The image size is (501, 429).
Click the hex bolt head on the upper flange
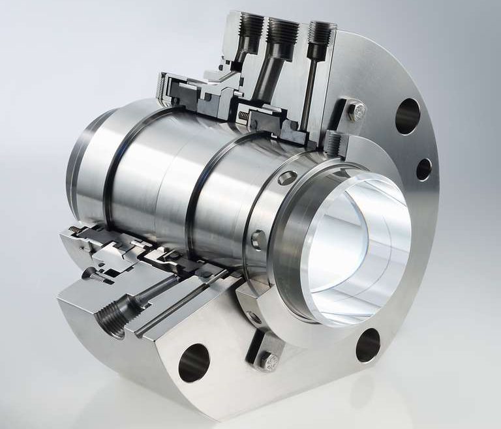click(355, 111)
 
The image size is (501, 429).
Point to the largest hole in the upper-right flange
click(407, 116)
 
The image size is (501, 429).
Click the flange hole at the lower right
click(368, 344)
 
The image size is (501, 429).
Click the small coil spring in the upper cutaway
click(242, 116)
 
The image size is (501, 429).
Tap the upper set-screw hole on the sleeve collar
click(284, 177)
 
